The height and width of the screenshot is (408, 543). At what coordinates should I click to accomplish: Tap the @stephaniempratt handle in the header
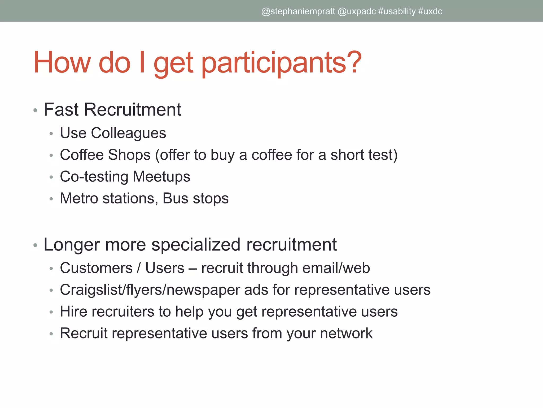tap(298, 11)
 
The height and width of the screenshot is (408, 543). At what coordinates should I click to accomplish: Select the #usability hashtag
tap(397, 11)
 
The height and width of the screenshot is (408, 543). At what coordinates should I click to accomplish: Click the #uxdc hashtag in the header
tap(430, 11)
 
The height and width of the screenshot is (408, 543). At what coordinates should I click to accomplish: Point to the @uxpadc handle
tap(357, 11)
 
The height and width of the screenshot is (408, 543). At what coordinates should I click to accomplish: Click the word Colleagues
tap(128, 133)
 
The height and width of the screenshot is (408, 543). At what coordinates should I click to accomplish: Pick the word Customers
tap(96, 268)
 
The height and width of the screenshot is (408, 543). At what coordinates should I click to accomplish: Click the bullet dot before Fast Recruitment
tap(36, 110)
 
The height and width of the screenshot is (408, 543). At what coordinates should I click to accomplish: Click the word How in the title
tap(62, 63)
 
